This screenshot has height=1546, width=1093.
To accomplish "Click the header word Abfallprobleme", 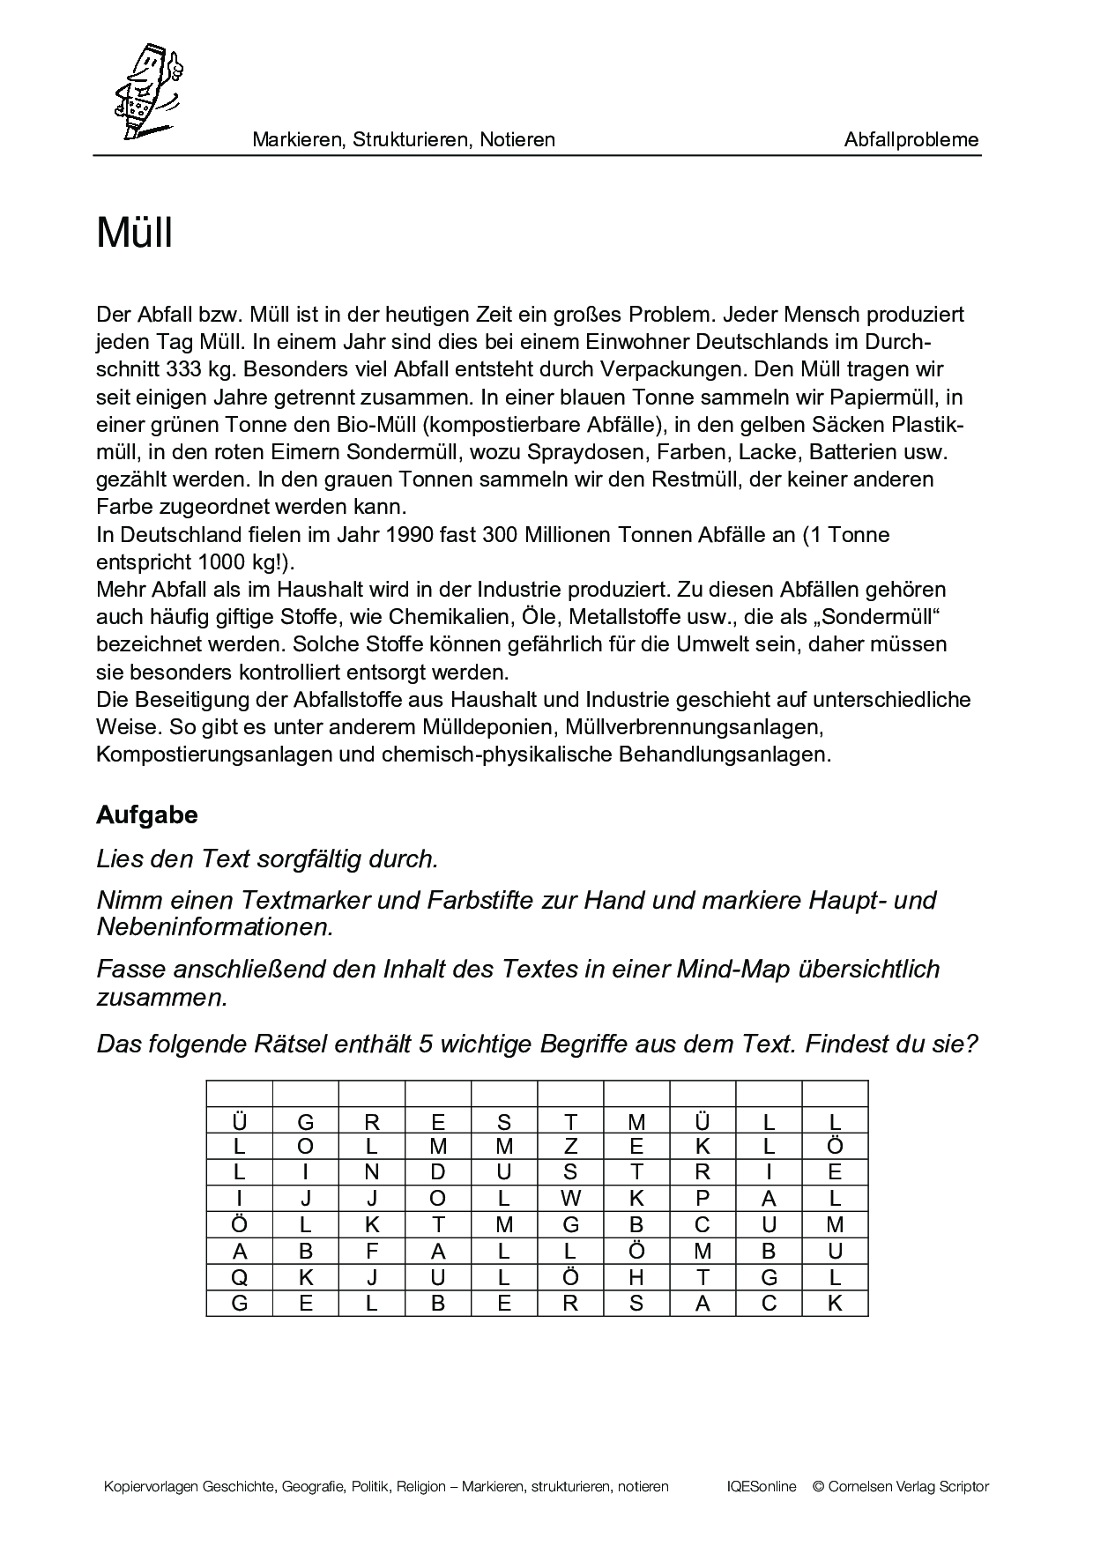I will click(911, 139).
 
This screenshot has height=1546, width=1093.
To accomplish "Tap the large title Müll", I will click(134, 234).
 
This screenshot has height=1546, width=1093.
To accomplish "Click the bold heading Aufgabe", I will click(146, 815).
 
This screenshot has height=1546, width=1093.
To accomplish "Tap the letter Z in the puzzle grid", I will click(570, 1147).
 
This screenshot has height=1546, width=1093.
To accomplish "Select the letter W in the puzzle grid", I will click(570, 1199).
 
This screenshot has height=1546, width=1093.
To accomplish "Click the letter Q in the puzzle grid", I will click(239, 1277).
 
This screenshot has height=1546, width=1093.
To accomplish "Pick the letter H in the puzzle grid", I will click(636, 1277).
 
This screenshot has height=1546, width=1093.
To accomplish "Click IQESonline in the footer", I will click(762, 1487).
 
